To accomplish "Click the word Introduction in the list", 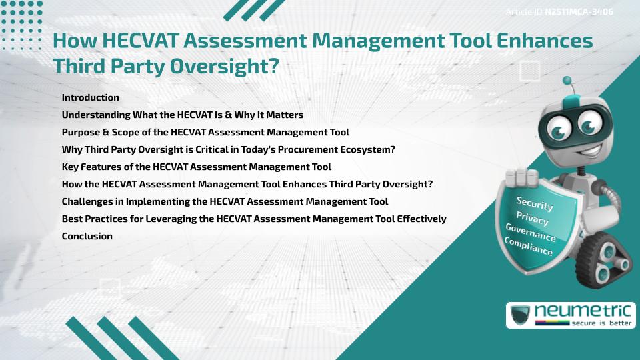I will (90, 97).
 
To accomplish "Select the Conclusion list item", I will (87, 236).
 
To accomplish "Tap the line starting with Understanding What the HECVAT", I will (182, 115).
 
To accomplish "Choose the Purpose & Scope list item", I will (205, 132).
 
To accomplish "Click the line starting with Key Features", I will (196, 167).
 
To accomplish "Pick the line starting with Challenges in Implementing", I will (225, 201).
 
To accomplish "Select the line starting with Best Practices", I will (253, 219).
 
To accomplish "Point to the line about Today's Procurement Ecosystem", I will (228, 149).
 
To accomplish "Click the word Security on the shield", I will (535, 203).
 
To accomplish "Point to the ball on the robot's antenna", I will (567, 81).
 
